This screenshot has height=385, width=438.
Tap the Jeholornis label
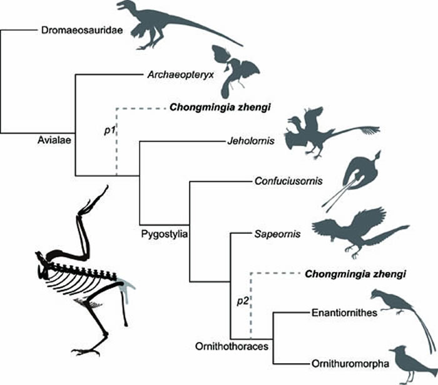coord(250,140)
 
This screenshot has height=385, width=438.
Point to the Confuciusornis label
coord(288,182)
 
